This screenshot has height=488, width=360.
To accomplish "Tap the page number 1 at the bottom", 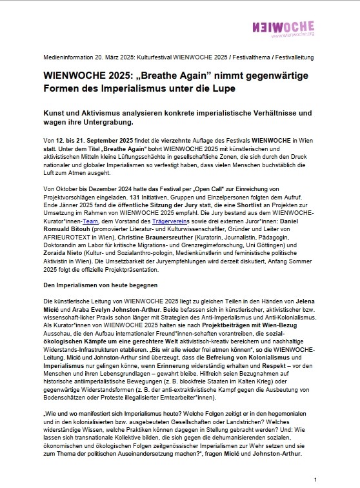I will tap(315, 480).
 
